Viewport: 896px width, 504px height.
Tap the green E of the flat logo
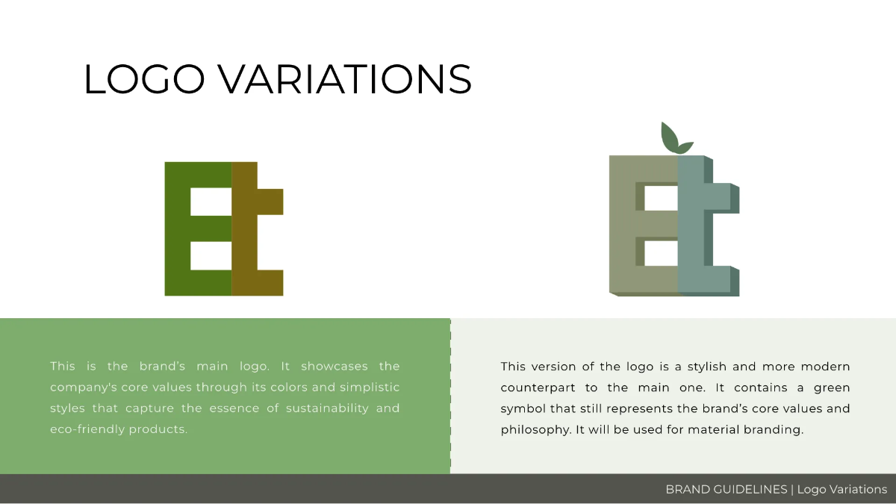click(x=178, y=228)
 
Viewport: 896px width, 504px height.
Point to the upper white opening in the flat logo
click(x=211, y=202)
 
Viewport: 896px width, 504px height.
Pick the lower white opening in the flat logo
click(x=211, y=255)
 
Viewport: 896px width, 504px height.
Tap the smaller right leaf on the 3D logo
click(x=685, y=146)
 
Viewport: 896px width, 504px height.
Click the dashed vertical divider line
click(x=450, y=396)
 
